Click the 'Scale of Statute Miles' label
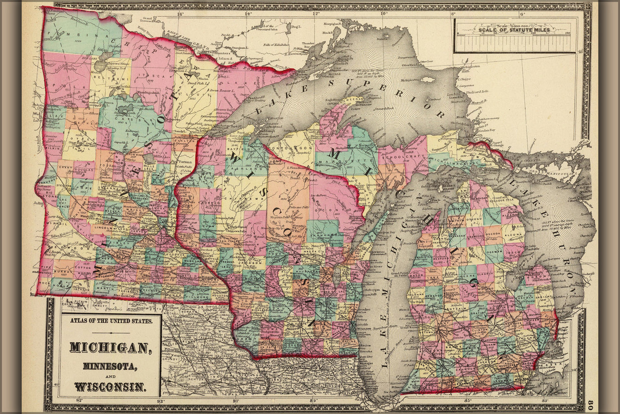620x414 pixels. [x=514, y=30]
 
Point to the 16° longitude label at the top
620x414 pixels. [x=179, y=14]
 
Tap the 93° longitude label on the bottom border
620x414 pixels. [x=160, y=400]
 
